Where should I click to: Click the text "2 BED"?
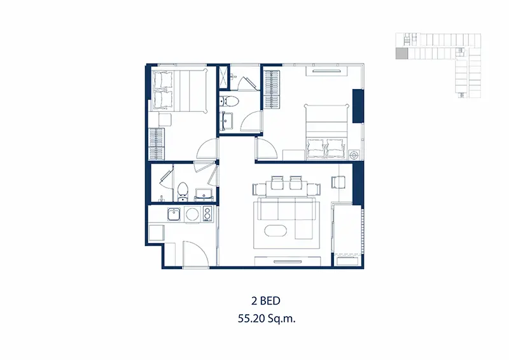coord(265,301)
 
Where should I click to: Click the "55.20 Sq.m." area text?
coord(267,319)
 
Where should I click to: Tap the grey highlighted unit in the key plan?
coord(402,53)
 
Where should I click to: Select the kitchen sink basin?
coord(174,214)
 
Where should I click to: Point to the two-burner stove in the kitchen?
coord(207,214)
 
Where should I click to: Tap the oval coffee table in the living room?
coord(275,231)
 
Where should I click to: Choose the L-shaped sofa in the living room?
coord(285,218)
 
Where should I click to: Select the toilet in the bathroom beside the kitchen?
coord(183,191)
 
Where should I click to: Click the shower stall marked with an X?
coord(223,77)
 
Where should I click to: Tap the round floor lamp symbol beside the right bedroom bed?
coord(354,155)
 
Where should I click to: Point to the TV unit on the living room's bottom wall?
coord(288,261)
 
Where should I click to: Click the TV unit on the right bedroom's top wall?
coord(326,71)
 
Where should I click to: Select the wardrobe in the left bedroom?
coord(157,144)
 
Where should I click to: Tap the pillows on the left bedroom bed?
coord(163,90)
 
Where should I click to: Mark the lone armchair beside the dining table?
coord(338,182)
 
